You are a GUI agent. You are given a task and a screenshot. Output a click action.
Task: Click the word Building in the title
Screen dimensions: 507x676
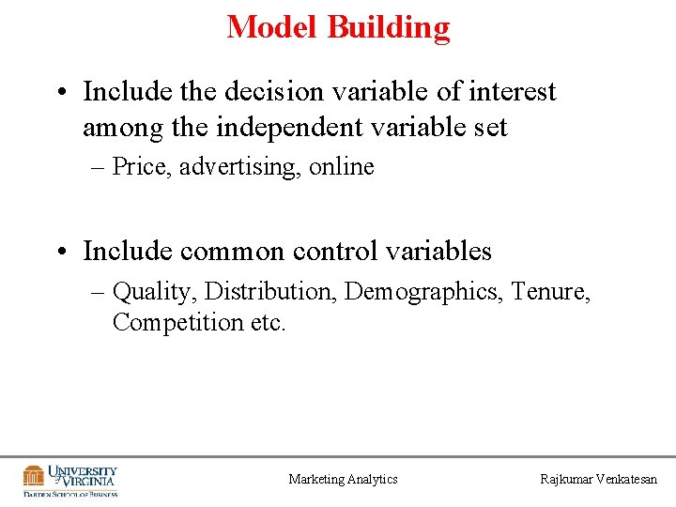388,27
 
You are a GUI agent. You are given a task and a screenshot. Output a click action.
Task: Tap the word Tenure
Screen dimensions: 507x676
553,292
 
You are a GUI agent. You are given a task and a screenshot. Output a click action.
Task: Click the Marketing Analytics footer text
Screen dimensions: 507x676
343,480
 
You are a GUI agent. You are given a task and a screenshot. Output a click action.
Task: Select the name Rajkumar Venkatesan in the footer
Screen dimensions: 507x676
599,480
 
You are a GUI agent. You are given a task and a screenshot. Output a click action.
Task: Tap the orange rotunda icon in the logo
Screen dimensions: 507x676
34,476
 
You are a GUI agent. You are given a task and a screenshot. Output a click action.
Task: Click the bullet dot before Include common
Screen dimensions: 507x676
60,253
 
